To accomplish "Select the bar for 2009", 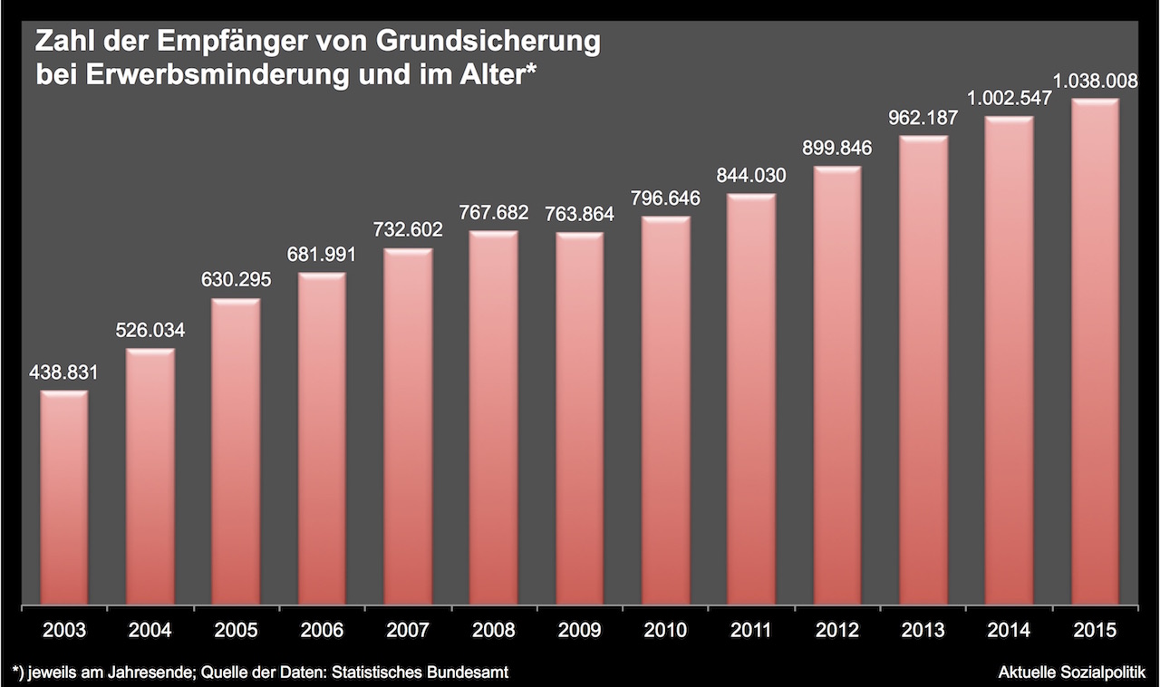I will click(x=580, y=418).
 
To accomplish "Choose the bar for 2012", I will click(x=837, y=385).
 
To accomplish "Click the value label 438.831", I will click(x=63, y=373).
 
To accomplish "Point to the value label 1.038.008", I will click(x=1095, y=80).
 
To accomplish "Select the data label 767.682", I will click(x=494, y=213).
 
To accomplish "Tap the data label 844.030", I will click(x=751, y=176).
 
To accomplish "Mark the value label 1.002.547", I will click(x=1009, y=98).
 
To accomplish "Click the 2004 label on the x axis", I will click(x=150, y=630).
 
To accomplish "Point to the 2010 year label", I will click(x=665, y=630).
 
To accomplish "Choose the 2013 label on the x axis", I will click(x=923, y=630).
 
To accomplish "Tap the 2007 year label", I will click(x=408, y=630).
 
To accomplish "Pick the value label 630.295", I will click(x=236, y=280).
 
